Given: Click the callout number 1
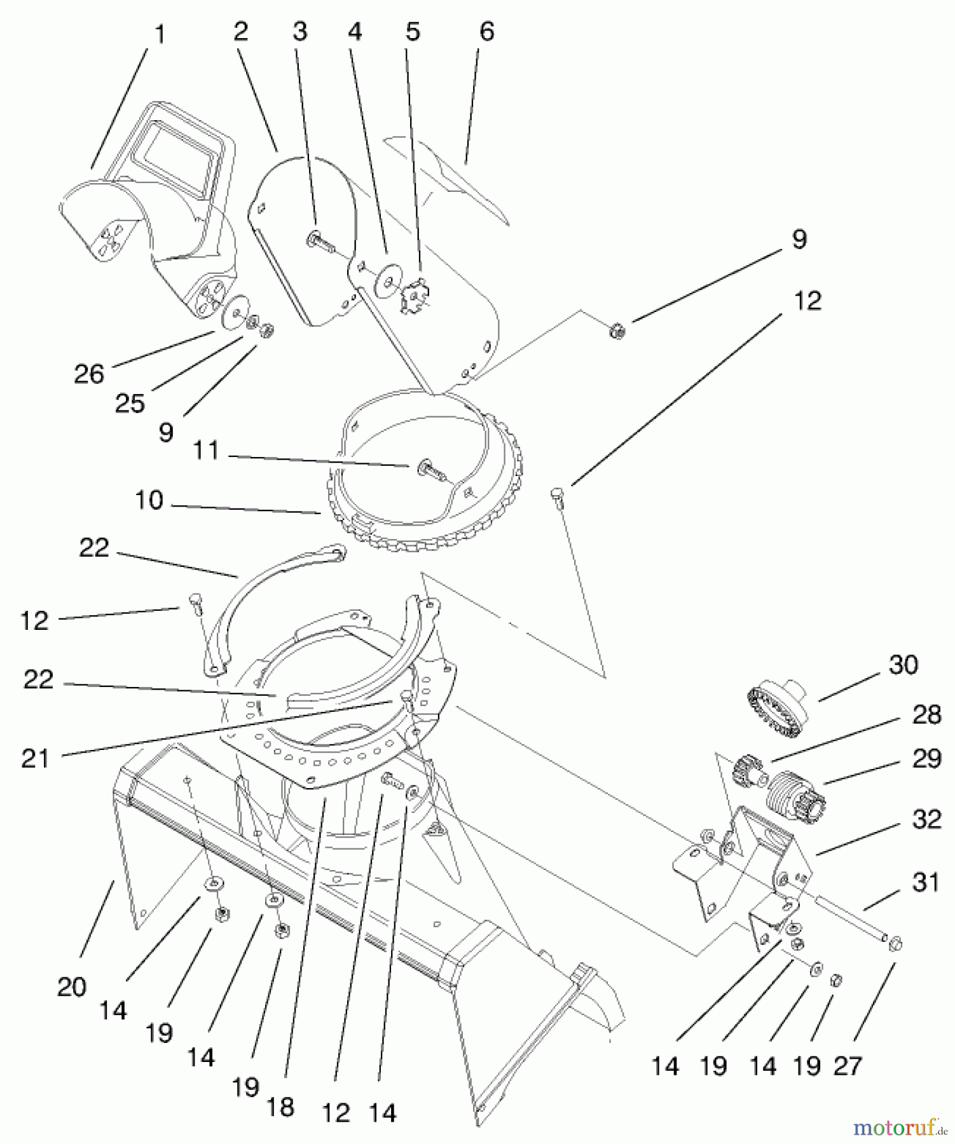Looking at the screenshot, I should (x=160, y=35).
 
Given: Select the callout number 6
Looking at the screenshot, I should (x=486, y=31).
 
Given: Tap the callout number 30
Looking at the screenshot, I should (x=903, y=665).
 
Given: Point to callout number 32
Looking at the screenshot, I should (x=926, y=820).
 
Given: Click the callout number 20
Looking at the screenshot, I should (x=71, y=987).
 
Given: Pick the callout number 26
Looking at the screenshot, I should (x=89, y=374).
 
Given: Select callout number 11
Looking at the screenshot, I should (x=205, y=451).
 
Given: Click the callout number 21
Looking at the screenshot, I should (x=35, y=758).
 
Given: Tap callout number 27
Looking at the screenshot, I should (x=847, y=1066).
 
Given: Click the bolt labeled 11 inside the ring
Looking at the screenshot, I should (x=430, y=471).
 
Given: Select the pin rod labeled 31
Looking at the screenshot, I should (x=851, y=917).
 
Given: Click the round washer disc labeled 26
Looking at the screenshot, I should (x=235, y=315).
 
